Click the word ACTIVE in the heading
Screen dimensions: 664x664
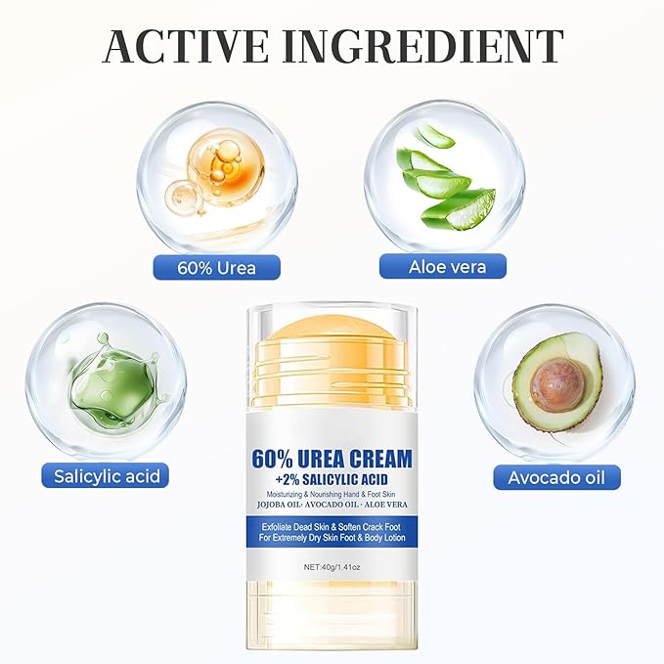tap(186, 46)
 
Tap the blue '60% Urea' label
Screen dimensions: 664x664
tap(216, 268)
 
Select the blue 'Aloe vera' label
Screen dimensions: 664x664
tap(443, 266)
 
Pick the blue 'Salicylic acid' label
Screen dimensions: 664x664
tap(105, 475)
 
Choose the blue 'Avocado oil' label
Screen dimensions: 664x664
tap(556, 477)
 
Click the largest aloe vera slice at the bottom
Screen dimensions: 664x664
tap(460, 210)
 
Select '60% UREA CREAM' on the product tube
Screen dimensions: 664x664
tap(332, 459)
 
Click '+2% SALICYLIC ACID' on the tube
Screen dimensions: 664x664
tap(332, 479)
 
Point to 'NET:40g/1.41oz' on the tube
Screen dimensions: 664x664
tap(332, 566)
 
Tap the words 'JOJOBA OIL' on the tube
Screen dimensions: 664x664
tap(279, 505)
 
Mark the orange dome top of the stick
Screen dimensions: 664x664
tap(332, 329)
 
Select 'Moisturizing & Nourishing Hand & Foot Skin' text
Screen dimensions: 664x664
tap(332, 494)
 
